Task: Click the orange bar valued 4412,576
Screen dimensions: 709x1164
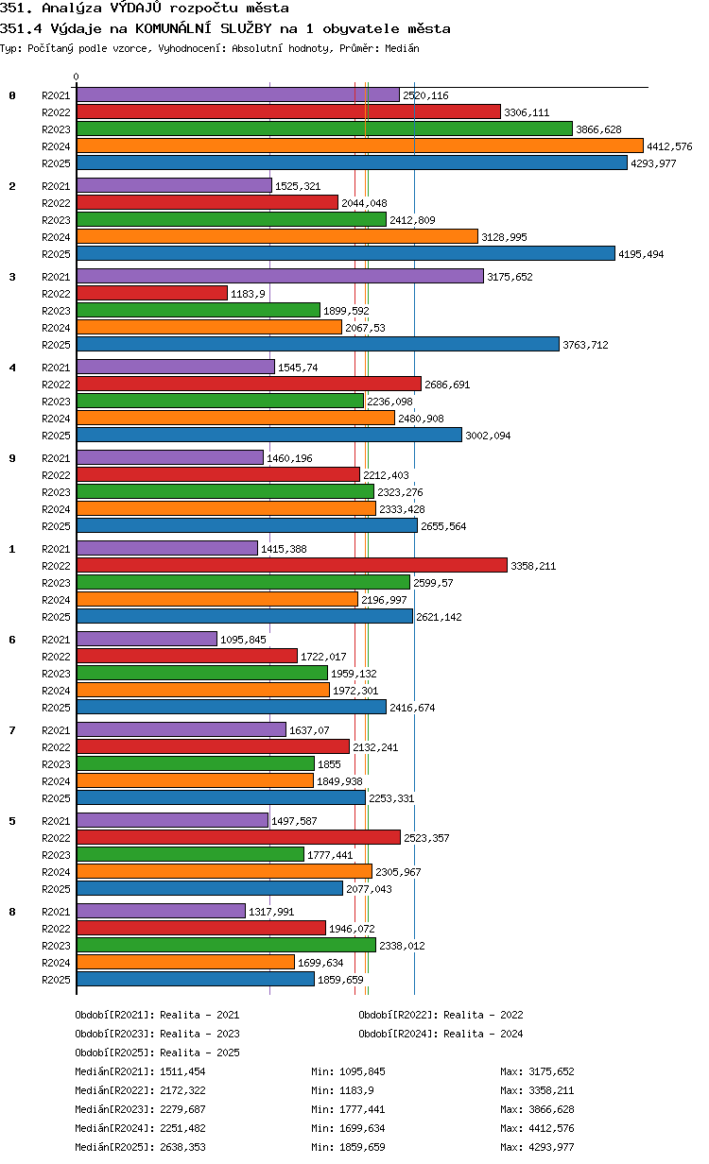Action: coord(359,145)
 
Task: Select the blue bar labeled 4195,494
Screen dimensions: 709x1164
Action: coord(346,253)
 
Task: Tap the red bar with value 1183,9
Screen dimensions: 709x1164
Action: coord(152,293)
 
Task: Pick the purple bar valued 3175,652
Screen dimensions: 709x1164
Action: coord(280,276)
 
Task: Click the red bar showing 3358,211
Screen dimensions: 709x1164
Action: coord(291,565)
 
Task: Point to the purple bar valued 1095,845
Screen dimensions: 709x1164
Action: coord(147,639)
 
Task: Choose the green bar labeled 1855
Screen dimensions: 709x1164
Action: coord(196,763)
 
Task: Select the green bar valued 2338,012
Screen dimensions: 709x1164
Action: coord(226,945)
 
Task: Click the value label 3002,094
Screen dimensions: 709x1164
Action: coord(488,436)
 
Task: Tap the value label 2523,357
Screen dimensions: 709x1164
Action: coord(426,838)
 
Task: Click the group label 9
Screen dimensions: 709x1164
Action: coord(12,458)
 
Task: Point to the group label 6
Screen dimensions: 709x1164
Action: coord(12,639)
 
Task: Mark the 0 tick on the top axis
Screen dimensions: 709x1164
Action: coord(77,77)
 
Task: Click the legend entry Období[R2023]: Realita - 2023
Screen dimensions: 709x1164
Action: coord(158,1034)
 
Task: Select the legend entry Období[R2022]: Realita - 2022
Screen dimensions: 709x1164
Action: coord(441,1015)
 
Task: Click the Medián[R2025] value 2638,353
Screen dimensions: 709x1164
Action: coord(182,1147)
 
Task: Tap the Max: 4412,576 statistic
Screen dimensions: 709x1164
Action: coord(537,1128)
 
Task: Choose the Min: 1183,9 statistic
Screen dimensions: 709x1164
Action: coord(342,1090)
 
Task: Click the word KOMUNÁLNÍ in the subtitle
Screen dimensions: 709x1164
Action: coord(173,28)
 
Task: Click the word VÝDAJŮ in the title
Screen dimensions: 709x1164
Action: coord(136,8)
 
